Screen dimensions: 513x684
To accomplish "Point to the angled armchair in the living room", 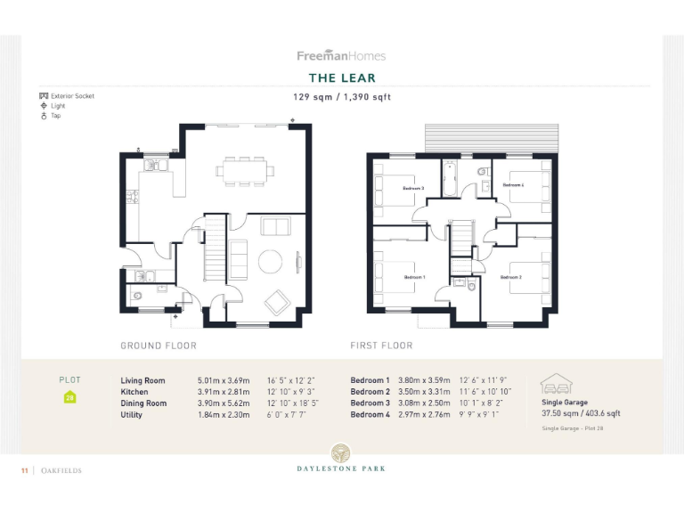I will (x=277, y=301).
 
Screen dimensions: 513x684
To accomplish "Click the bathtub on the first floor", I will (x=449, y=181).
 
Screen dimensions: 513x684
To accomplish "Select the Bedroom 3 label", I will (x=412, y=188).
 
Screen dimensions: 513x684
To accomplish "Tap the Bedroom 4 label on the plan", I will (x=513, y=185).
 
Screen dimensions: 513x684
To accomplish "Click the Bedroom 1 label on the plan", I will (x=414, y=277).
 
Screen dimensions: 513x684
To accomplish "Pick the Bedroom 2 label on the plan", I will (x=510, y=277).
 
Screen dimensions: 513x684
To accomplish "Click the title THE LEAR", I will (x=341, y=78).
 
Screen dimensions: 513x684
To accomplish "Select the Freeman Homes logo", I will (x=341, y=55).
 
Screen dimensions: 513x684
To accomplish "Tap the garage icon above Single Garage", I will (x=556, y=384).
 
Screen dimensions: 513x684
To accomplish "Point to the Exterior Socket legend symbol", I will (x=43, y=96).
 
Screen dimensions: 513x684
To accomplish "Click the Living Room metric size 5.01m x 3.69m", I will (x=224, y=380).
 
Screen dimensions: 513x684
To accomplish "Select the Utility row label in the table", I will (x=131, y=415).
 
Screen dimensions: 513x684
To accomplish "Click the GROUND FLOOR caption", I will (x=159, y=346).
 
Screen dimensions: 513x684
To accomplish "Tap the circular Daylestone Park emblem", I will (x=341, y=452).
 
